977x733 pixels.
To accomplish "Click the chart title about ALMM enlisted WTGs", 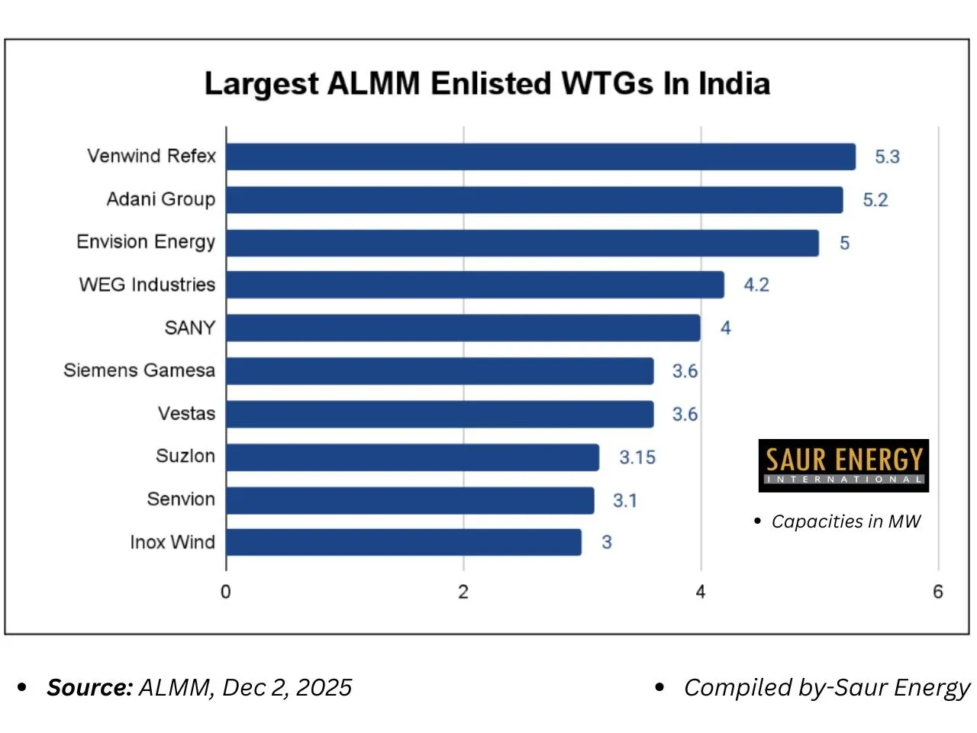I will click(x=487, y=83).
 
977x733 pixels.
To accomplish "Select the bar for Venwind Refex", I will click(x=540, y=157).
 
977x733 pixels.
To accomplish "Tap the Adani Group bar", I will click(x=534, y=200).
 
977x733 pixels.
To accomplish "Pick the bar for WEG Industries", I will click(x=475, y=285).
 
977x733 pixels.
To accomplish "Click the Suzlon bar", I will click(x=412, y=457).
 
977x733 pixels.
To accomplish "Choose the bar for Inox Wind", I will click(x=403, y=542).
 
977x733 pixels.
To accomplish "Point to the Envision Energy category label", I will click(x=146, y=242).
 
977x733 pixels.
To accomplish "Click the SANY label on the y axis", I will click(x=190, y=328).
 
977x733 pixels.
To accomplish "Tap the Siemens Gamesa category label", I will click(x=139, y=370).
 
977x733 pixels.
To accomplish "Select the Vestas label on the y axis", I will click(x=186, y=414).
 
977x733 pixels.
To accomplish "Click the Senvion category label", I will click(x=181, y=499).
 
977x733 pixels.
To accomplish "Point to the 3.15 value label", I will click(x=637, y=457).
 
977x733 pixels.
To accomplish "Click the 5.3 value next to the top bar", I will click(x=887, y=157).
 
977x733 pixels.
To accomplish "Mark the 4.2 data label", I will click(x=756, y=285).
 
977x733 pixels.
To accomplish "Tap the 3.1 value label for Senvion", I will click(x=624, y=501).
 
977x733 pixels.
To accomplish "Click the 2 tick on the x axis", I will click(x=463, y=592).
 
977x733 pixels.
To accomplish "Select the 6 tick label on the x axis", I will click(x=938, y=592).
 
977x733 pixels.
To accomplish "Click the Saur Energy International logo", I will click(x=843, y=465).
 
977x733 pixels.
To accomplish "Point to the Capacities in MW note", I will click(x=846, y=521).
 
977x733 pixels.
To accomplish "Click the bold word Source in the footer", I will click(x=89, y=687).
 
